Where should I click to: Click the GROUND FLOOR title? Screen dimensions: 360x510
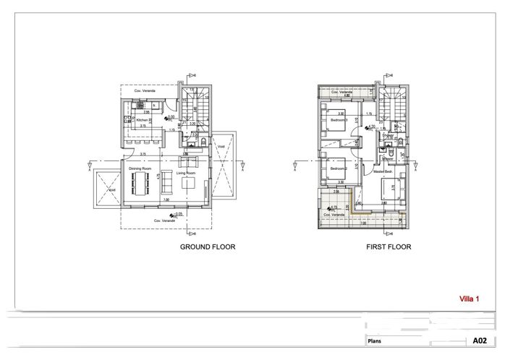207,247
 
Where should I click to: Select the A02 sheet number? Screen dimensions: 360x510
480,340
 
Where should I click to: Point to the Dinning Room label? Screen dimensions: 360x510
140,168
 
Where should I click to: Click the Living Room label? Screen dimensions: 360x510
186,173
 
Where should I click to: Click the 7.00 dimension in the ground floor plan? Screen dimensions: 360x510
166,200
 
